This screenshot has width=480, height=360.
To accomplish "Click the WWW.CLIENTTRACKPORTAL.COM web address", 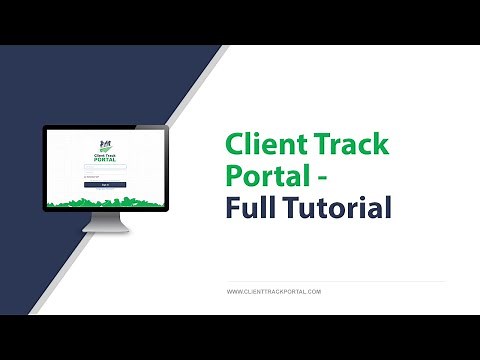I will (x=273, y=291).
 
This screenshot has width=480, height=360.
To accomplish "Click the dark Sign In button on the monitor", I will (x=104, y=185).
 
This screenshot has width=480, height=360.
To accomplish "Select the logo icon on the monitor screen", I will (x=104, y=144).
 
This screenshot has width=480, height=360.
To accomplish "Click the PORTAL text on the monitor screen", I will (x=104, y=159).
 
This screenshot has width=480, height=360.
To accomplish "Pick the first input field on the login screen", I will (x=104, y=167).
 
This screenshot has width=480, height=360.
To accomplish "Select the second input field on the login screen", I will (x=104, y=173).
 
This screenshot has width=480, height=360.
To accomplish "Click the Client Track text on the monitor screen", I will (x=104, y=153).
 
